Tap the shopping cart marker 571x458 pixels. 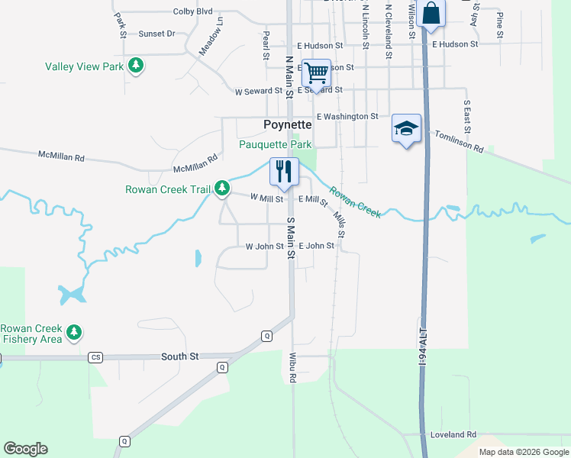pos(316,74)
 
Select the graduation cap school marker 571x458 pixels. pos(407,128)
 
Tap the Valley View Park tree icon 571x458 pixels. pos(136,66)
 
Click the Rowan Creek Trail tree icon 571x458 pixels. pos(222,188)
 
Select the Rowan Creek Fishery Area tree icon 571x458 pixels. pos(74,332)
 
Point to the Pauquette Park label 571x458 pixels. pos(276,144)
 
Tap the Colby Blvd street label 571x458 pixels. pos(192,11)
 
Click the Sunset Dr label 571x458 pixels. pos(156,34)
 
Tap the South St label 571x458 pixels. pos(179,356)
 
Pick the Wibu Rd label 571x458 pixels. pos(292,366)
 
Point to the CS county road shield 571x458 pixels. pos(95,357)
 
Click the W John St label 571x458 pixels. pos(264,247)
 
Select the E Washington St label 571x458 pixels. pos(347,117)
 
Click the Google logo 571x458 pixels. pos(25,449)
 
